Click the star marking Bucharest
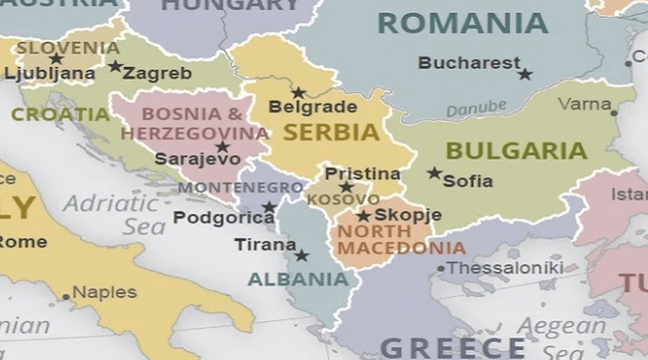525,74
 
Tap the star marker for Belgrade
298,93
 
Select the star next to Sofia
433,173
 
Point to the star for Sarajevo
222,147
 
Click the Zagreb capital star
115,66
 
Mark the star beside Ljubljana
56,58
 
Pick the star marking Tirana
302,255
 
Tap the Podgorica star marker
269,207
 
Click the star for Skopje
364,215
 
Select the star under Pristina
346,187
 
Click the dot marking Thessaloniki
441,269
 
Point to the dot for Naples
66,296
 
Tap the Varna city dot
614,112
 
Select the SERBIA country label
331,132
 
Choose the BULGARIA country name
516,151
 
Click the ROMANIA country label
463,24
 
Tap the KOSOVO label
343,199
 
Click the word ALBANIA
298,279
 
